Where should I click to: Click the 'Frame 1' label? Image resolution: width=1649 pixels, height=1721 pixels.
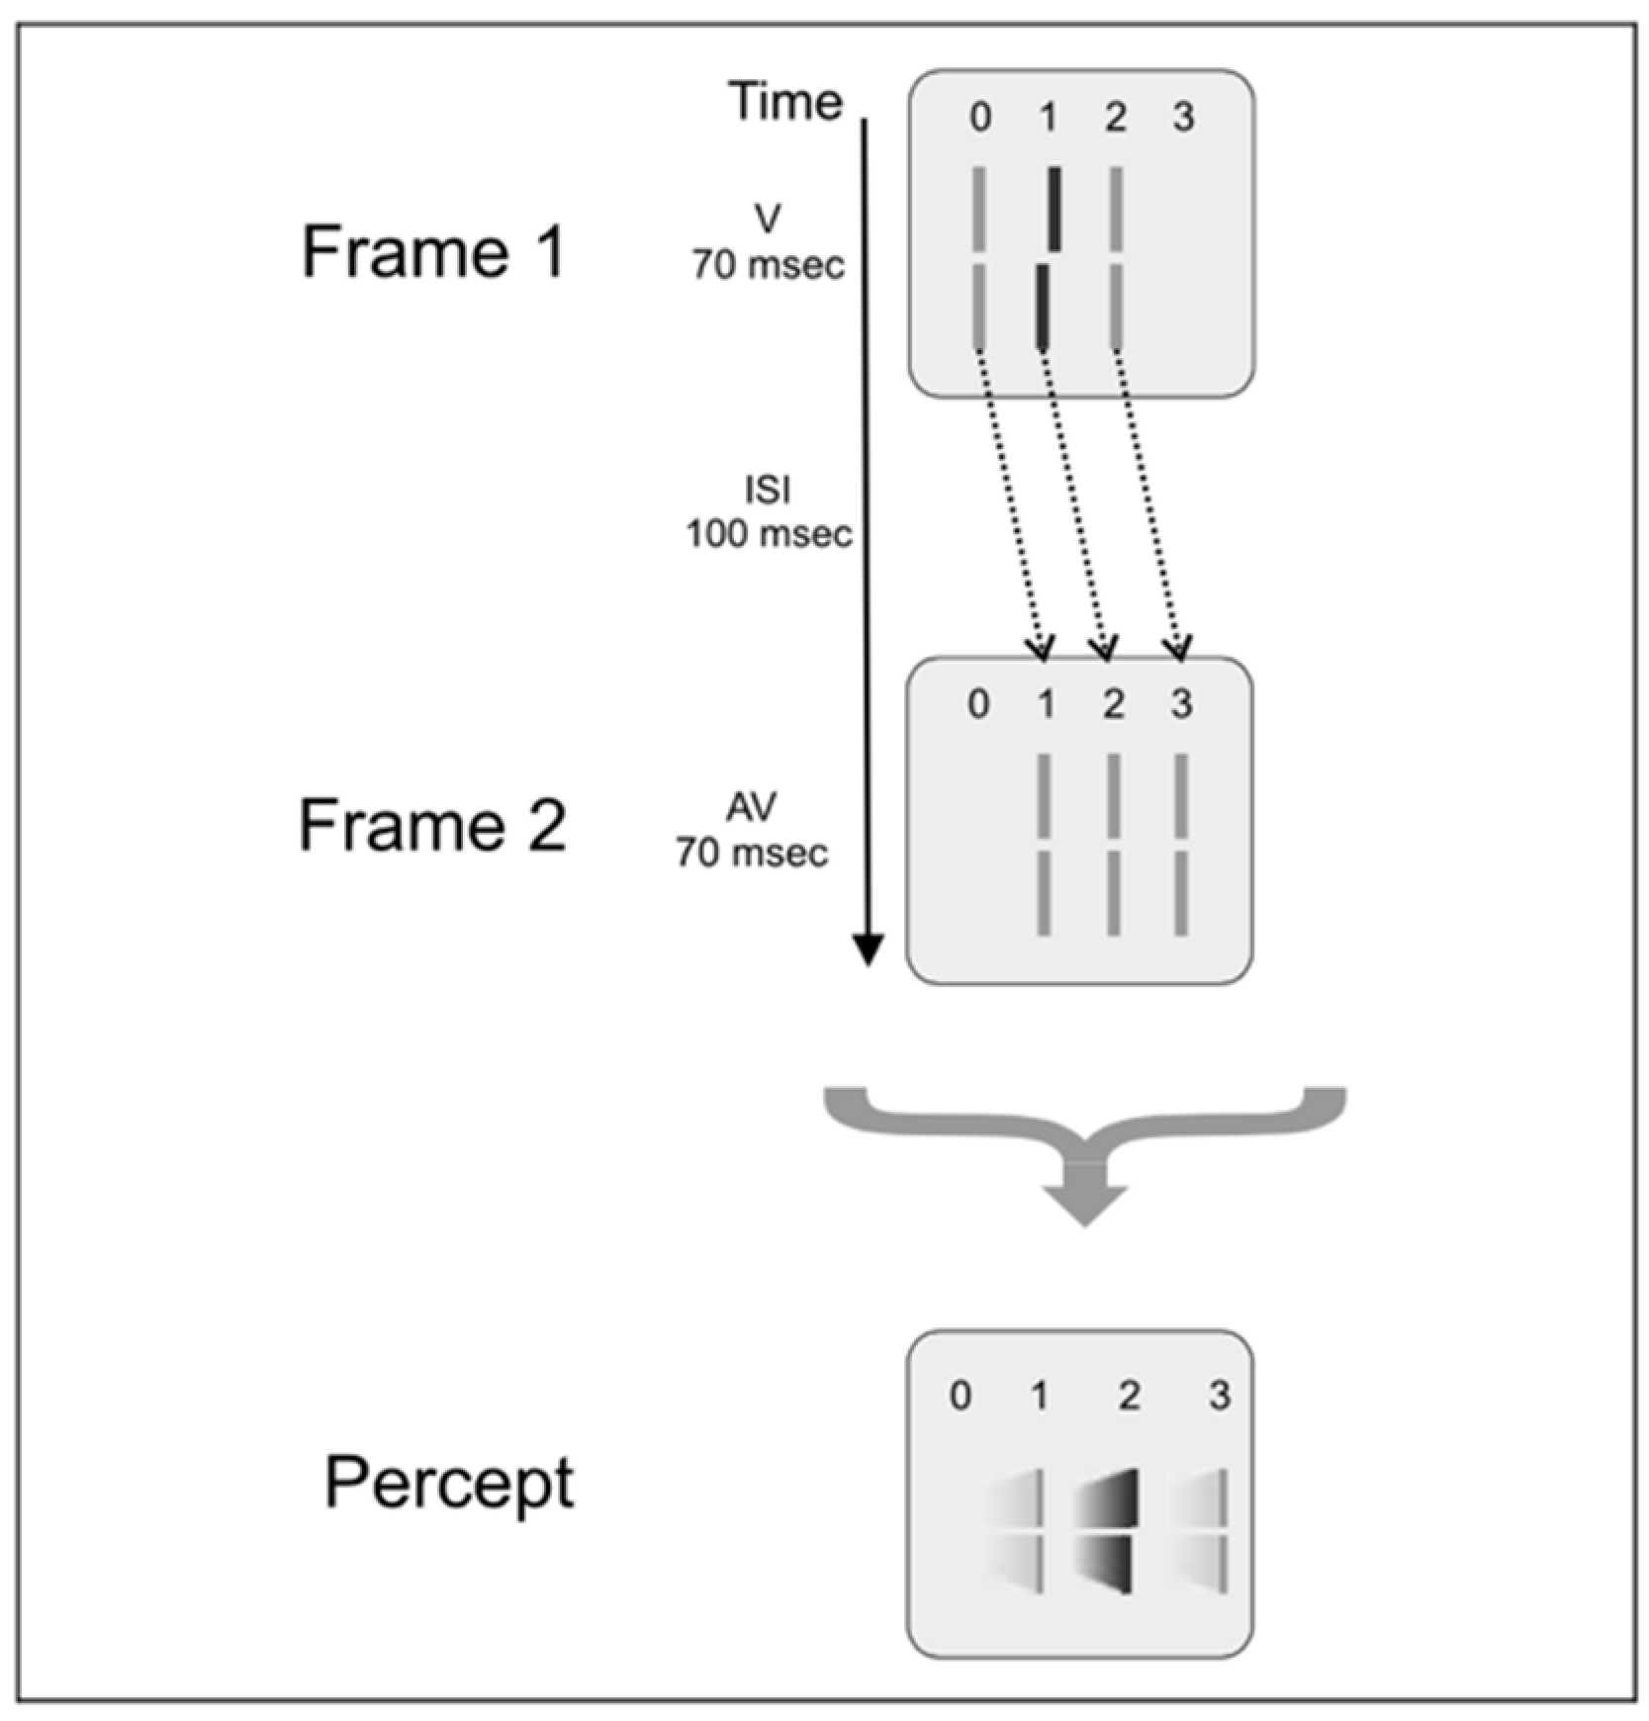(x=432, y=251)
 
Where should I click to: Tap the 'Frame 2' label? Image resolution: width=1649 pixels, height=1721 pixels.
(x=432, y=825)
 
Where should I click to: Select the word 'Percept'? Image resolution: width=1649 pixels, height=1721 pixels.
(x=449, y=1484)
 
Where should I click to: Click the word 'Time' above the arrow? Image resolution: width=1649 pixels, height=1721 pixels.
(x=785, y=101)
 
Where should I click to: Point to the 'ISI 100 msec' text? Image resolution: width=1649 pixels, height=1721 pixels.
(x=769, y=512)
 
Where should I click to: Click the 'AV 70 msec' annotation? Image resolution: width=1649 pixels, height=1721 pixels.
(x=752, y=830)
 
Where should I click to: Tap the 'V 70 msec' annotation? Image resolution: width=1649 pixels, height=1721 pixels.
(x=768, y=243)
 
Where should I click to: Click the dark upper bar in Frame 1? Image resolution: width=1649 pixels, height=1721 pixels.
(x=1054, y=208)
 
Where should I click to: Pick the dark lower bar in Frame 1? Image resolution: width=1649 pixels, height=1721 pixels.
(x=1042, y=306)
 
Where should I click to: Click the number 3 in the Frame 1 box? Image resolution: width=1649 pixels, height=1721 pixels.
(x=1183, y=117)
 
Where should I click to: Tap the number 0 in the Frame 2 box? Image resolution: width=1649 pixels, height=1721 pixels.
(x=978, y=704)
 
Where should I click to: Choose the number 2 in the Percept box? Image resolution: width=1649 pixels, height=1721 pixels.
(x=1129, y=1396)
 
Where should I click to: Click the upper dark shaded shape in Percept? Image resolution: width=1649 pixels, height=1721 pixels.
(x=1113, y=1498)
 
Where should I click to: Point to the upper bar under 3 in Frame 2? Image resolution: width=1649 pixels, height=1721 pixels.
(x=1181, y=795)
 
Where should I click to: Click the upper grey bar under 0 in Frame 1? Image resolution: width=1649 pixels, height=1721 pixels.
(x=979, y=209)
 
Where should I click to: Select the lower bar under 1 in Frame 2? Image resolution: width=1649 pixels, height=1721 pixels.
(x=1044, y=893)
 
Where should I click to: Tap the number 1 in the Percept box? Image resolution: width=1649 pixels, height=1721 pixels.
(x=1039, y=1396)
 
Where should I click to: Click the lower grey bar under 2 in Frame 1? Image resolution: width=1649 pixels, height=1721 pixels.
(x=1116, y=306)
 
